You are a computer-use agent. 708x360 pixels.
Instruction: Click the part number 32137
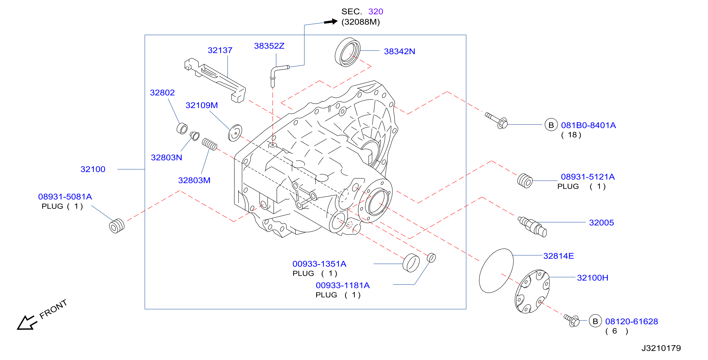point(220,50)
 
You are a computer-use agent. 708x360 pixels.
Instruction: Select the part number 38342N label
point(399,51)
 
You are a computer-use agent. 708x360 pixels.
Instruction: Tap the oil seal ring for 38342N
point(347,52)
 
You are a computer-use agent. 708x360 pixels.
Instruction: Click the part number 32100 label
point(93,169)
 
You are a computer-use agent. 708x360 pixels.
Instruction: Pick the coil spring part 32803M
point(209,144)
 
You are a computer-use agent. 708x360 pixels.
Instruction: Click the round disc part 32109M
point(235,133)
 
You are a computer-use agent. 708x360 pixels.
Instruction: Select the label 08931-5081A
point(65,197)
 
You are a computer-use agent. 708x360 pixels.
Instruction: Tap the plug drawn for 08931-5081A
point(117,226)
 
